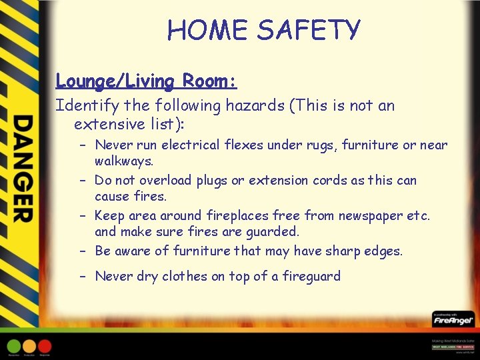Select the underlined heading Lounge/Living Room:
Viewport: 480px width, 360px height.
tap(146, 81)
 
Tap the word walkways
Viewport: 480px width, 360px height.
tap(123, 161)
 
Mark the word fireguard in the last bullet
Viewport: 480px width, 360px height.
tap(311, 276)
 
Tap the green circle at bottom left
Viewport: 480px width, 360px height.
tap(14, 347)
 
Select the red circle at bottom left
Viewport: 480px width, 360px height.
tap(45, 347)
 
